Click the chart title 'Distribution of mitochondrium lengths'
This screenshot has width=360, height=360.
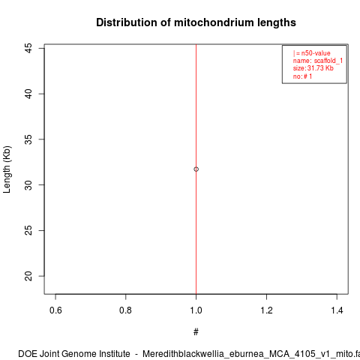(196, 22)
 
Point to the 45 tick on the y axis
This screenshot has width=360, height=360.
(28, 48)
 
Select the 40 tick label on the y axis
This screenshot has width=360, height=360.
(28, 94)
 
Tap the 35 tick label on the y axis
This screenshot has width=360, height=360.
(28, 139)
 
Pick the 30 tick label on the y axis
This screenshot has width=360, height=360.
(28, 185)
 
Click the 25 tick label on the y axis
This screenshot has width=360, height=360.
(28, 230)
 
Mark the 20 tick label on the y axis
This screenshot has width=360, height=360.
(28, 276)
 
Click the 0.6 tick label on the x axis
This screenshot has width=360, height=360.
(55, 310)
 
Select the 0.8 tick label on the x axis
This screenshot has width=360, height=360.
(125, 310)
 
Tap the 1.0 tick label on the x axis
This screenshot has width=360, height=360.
(196, 310)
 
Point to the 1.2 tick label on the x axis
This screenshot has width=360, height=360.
(266, 310)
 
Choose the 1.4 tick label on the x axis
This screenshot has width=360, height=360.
(337, 310)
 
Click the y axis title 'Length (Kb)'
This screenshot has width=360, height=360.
(7, 169)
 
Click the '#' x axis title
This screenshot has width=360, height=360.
(196, 332)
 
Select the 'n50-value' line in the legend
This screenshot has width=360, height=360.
(312, 53)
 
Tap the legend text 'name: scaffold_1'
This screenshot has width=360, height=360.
(318, 61)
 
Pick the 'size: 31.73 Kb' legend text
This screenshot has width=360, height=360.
(313, 68)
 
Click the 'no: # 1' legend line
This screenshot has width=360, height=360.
(302, 76)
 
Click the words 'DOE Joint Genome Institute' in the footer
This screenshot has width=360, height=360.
(74, 354)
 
